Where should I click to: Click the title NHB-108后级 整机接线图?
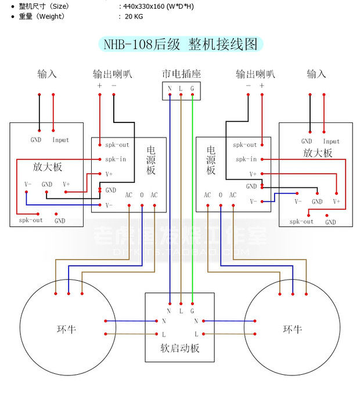tap(180, 45)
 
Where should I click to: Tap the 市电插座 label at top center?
tap(181, 74)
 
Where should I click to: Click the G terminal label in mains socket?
tap(192, 89)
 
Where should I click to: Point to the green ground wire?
tap(192, 197)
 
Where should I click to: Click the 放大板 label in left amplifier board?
tap(48, 167)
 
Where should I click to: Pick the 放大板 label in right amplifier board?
tap(318, 153)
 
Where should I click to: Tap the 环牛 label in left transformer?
tap(66, 330)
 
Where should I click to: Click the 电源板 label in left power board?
tap(150, 160)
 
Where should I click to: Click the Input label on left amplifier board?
tap(60, 140)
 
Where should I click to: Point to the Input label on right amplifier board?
tap(331, 141)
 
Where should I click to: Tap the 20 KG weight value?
tap(134, 16)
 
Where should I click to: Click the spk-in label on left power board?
tap(117, 159)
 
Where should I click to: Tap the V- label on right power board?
tap(253, 201)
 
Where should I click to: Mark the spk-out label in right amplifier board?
tap(301, 221)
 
